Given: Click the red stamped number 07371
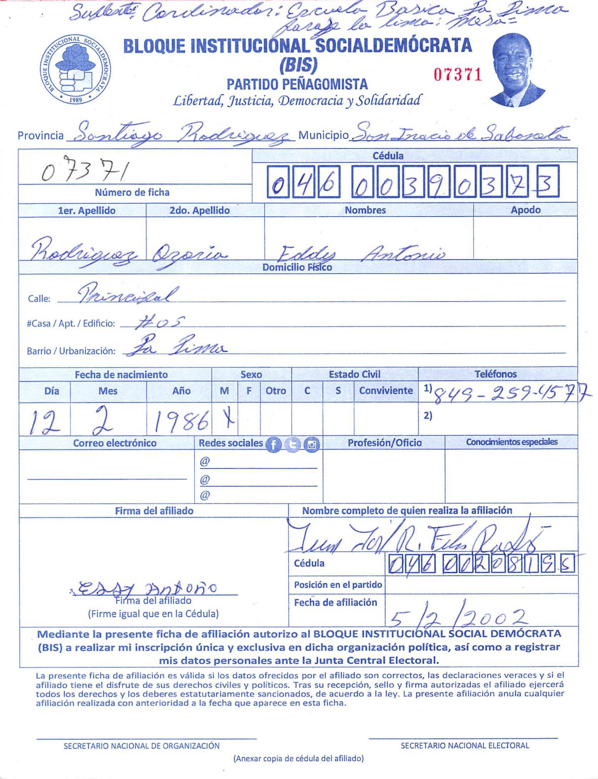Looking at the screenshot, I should [x=458, y=74].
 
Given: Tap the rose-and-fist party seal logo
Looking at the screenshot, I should [x=76, y=69].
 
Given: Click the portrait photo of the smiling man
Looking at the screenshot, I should [x=517, y=70].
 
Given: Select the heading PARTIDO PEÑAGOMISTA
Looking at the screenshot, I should [x=297, y=84].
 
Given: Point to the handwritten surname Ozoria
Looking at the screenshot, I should [x=189, y=255].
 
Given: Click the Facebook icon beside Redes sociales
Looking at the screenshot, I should [x=273, y=444].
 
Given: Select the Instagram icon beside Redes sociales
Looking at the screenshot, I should [x=312, y=444].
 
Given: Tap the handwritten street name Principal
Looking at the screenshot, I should [x=128, y=295].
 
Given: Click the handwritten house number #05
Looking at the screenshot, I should [x=159, y=323].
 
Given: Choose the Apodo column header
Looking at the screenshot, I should [x=525, y=210].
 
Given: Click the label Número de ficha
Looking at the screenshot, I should [x=132, y=192].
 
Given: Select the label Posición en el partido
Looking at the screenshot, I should [x=337, y=585].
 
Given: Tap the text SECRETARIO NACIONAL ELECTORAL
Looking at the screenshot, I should [x=464, y=746].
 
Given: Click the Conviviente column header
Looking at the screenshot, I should [x=386, y=391].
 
